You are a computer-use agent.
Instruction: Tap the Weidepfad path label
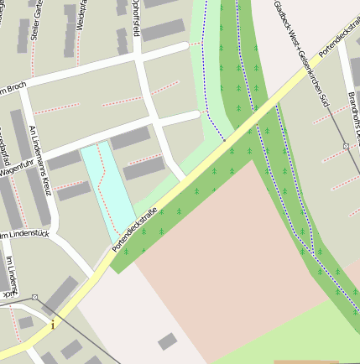click(81, 15)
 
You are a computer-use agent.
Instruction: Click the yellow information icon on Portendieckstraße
click(53, 324)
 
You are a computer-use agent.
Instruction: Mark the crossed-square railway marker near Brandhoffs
click(345, 146)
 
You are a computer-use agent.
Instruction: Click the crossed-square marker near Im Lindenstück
click(34, 297)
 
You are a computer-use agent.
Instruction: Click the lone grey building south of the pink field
click(168, 341)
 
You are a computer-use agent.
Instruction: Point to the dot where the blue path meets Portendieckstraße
click(224, 139)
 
